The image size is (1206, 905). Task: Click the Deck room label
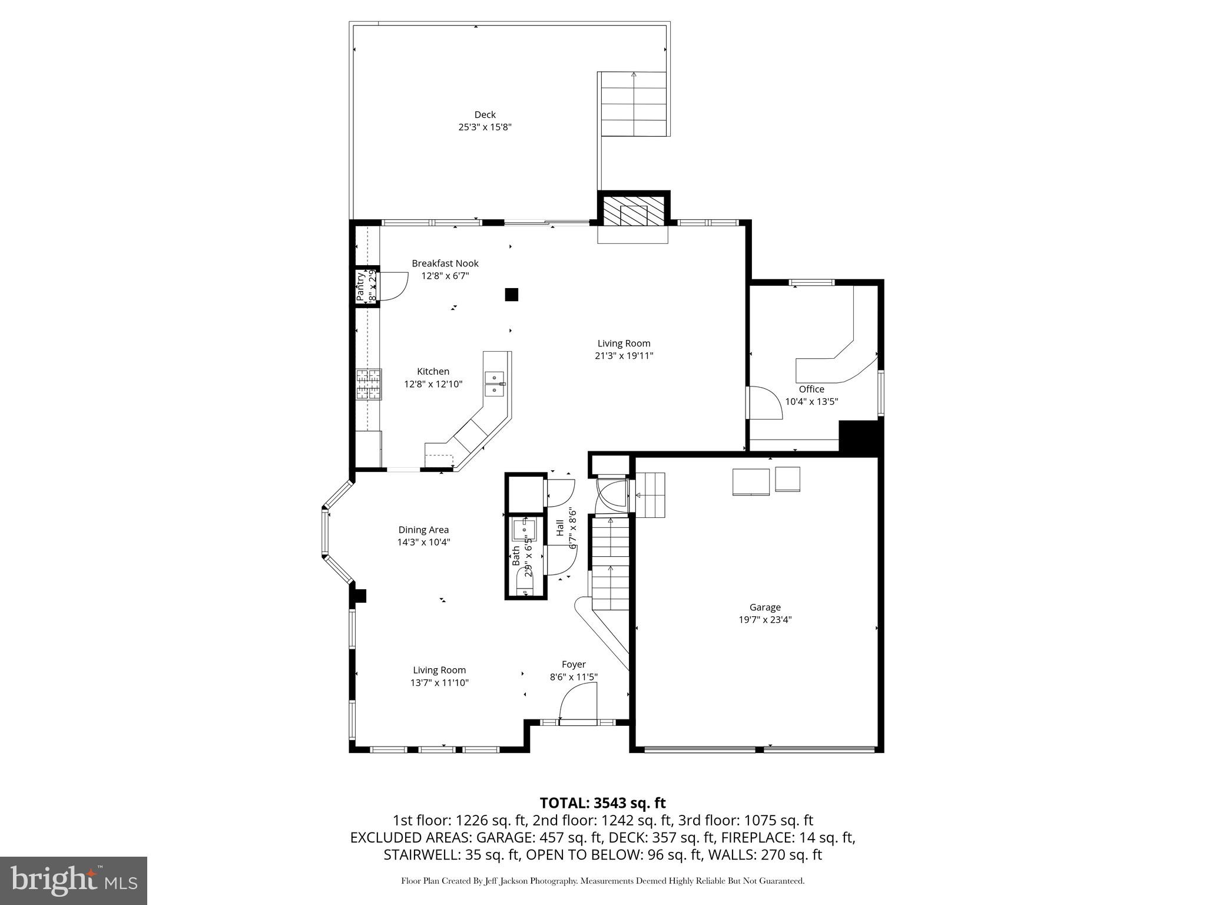[x=485, y=115]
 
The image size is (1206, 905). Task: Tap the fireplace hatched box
[x=634, y=211]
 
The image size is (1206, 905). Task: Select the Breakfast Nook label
[x=445, y=263]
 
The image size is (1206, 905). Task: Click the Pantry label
[x=360, y=287]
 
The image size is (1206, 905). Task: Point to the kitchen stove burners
[x=369, y=385]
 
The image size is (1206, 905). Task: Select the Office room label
[x=811, y=389]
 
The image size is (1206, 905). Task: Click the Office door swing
[x=764, y=403]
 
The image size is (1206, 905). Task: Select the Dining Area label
[x=423, y=530]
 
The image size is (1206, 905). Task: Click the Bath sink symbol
[x=522, y=530]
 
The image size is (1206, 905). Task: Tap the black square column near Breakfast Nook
[x=511, y=295]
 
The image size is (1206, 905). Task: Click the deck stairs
[x=634, y=104]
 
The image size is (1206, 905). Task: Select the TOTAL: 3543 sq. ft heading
[x=602, y=802]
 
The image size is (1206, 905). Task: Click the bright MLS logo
[x=74, y=880]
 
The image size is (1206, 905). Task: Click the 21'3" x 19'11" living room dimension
[x=624, y=356]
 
